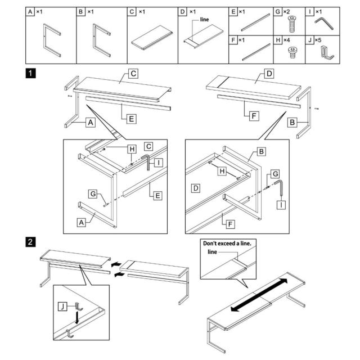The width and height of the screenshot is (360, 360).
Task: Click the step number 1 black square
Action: [x=30, y=74]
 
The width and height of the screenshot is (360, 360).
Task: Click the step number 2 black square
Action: [x=30, y=242]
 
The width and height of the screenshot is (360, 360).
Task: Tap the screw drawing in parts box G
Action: [x=292, y=24]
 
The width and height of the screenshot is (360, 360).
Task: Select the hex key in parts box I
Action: [x=324, y=24]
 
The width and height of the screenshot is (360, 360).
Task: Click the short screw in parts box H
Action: [x=292, y=52]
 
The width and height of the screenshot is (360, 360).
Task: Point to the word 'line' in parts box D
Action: [x=204, y=20]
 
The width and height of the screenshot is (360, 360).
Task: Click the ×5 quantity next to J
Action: [x=318, y=40]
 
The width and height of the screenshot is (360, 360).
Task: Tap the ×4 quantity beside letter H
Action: [x=286, y=40]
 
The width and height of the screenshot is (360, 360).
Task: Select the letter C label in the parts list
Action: [x=132, y=11]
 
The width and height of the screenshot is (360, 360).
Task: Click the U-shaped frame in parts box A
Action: [x=52, y=40]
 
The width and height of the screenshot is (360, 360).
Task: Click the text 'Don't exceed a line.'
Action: [x=227, y=244]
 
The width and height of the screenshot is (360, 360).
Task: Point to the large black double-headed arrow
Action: [x=259, y=295]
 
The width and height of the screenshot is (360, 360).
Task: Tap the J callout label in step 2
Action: [x=62, y=307]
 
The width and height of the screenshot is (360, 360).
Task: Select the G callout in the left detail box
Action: [x=93, y=193]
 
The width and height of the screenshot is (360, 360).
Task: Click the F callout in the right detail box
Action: [x=230, y=224]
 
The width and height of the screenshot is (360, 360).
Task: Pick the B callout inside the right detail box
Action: [x=261, y=152]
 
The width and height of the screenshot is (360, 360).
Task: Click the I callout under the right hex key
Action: [x=281, y=205]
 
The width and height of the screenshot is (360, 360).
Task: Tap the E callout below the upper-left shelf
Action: [x=132, y=119]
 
